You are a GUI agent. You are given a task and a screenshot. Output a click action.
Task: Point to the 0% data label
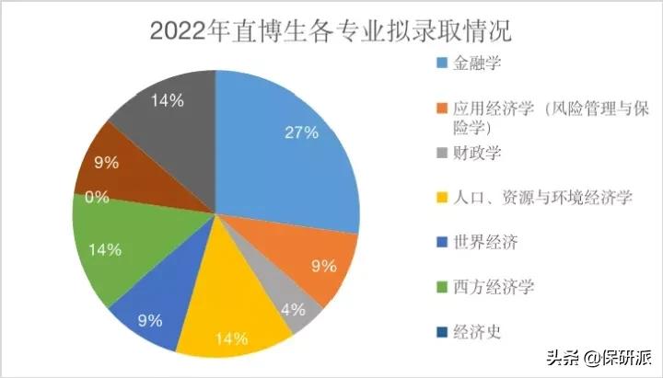(x=97, y=196)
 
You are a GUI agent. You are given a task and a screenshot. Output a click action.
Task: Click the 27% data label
(x=300, y=132)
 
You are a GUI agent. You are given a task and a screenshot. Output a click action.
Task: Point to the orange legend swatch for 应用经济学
(x=441, y=109)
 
